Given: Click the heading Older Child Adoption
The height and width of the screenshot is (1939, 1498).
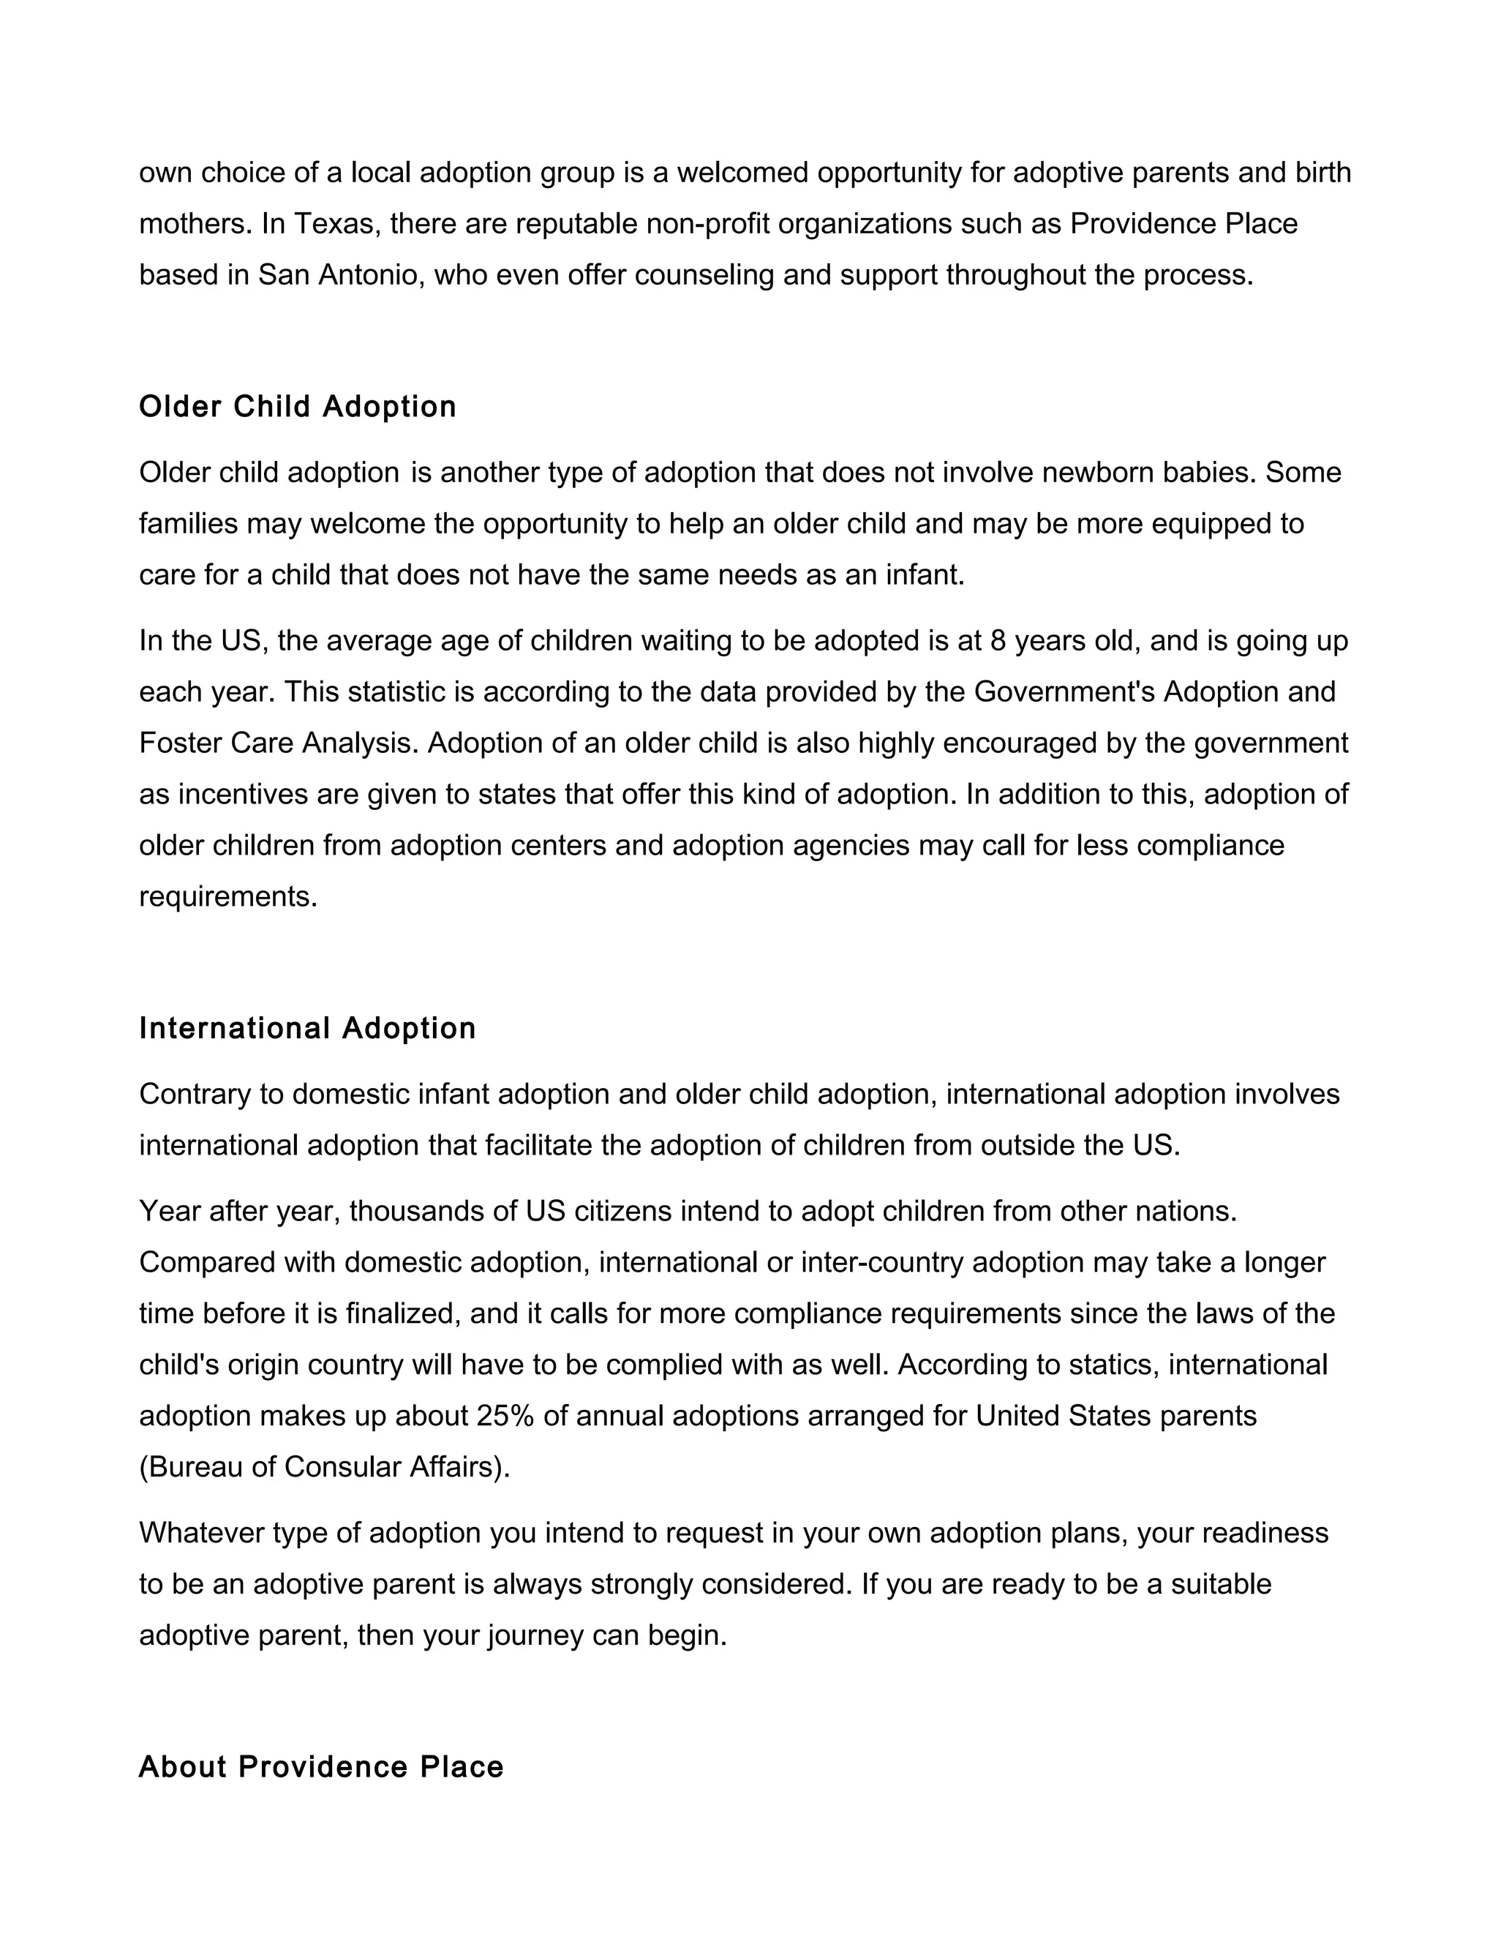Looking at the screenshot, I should [x=297, y=407].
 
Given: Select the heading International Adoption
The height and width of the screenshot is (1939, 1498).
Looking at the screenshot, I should [x=307, y=1028].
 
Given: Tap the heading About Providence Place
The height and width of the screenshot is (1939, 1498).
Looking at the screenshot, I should [x=321, y=1767].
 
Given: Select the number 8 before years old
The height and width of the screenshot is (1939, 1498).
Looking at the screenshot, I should [x=998, y=640].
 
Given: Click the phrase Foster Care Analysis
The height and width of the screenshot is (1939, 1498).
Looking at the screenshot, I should [x=278, y=743].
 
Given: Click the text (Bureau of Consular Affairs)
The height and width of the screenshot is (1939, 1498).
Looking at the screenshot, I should [x=325, y=1466].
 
